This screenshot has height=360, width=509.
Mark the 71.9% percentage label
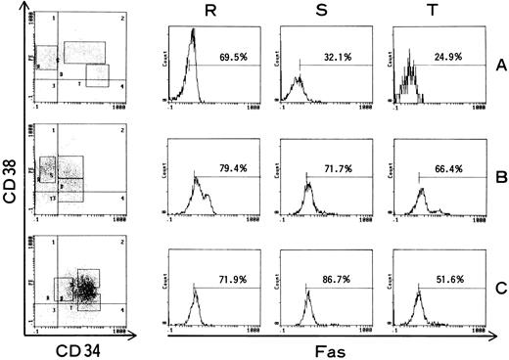tap(232, 279)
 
